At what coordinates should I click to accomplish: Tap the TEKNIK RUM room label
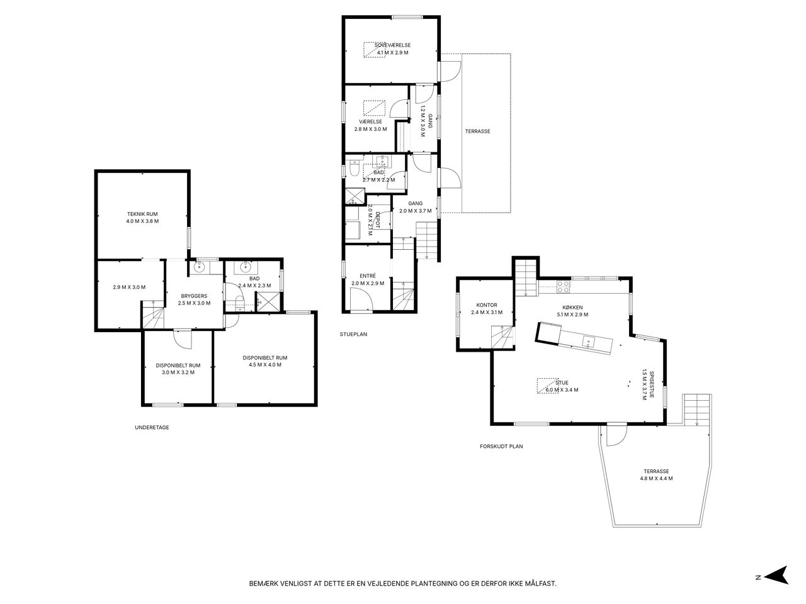pos(142,214)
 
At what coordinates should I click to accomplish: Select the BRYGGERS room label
pos(194,296)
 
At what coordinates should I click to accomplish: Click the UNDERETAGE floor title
pos(152,427)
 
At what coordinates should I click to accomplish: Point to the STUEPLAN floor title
pos(353,334)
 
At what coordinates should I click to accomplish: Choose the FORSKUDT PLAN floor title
pos(501,446)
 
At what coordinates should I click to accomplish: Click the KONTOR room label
pos(487,305)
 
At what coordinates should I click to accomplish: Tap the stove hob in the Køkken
pos(564,286)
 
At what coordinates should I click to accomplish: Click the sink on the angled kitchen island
pos(588,342)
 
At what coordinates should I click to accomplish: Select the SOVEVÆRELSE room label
pos(392,45)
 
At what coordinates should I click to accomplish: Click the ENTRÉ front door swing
pos(361,299)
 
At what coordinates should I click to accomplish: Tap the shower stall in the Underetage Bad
pos(268,302)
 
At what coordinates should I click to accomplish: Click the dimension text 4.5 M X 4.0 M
pos(265,365)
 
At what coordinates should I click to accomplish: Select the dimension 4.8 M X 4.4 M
pos(657,479)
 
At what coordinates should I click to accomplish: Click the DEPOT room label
pos(377,220)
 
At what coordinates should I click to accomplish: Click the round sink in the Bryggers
pos(199,267)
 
